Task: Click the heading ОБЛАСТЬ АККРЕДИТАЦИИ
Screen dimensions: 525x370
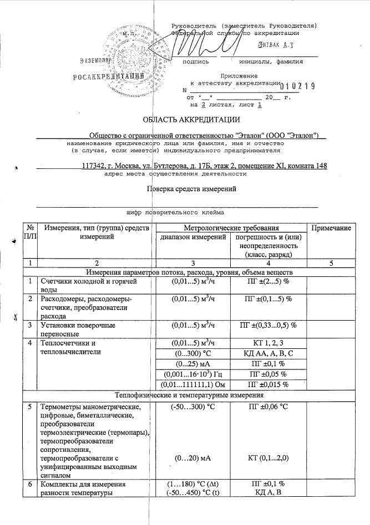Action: pyautogui.click(x=191, y=119)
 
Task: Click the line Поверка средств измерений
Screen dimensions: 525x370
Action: pyautogui.click(x=191, y=189)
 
